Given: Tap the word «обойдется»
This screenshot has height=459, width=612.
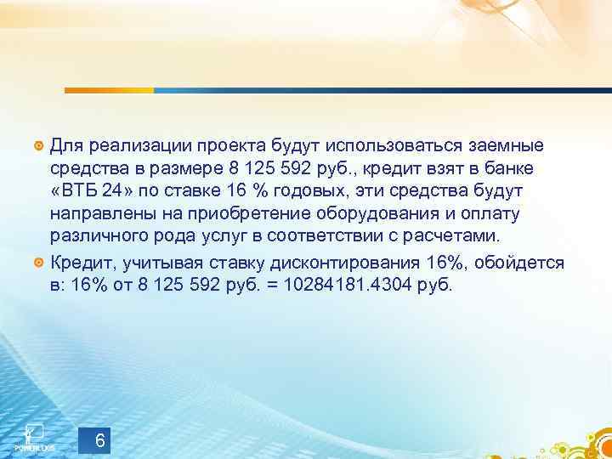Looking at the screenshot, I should click(518, 263).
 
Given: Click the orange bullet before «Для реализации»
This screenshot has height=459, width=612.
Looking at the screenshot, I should click(38, 141).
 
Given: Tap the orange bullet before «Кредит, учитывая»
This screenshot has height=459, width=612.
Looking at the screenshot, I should click(38, 262).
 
